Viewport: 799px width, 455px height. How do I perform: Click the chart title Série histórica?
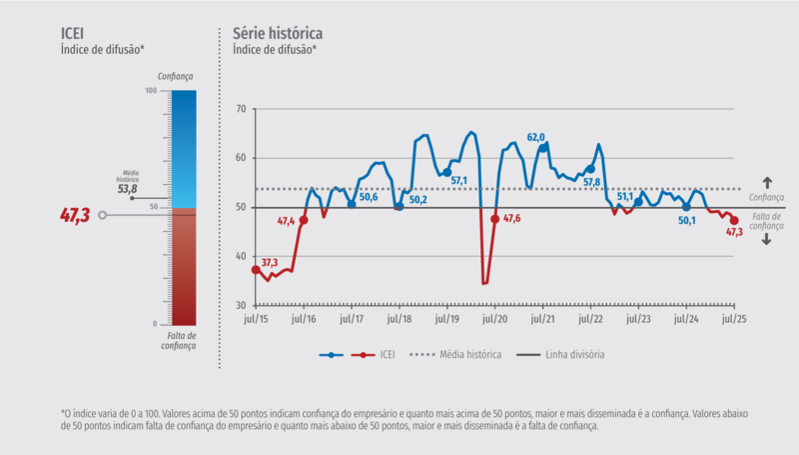(x=277, y=33)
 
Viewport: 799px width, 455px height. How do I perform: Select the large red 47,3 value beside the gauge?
(x=75, y=214)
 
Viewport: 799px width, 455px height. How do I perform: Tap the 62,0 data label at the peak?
(x=536, y=136)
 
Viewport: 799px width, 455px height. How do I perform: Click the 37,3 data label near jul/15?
(x=270, y=262)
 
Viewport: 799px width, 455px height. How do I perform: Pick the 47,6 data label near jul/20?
(x=511, y=218)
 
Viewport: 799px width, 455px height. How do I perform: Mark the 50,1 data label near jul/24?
(x=686, y=221)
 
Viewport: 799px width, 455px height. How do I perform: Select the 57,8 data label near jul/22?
(x=591, y=182)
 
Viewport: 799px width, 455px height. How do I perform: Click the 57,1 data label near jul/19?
(x=459, y=180)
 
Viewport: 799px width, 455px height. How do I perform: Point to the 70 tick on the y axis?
(x=240, y=108)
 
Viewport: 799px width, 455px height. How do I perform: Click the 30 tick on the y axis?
(x=240, y=305)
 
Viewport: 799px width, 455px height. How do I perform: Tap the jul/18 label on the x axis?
(x=399, y=319)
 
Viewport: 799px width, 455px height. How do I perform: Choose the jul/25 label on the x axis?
(x=735, y=319)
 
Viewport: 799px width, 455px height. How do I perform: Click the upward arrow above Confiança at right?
(x=767, y=182)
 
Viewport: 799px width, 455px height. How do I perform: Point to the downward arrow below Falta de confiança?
(x=767, y=240)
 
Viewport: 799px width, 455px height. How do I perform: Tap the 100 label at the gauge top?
(x=151, y=91)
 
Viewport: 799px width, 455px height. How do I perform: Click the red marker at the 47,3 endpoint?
(x=735, y=221)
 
